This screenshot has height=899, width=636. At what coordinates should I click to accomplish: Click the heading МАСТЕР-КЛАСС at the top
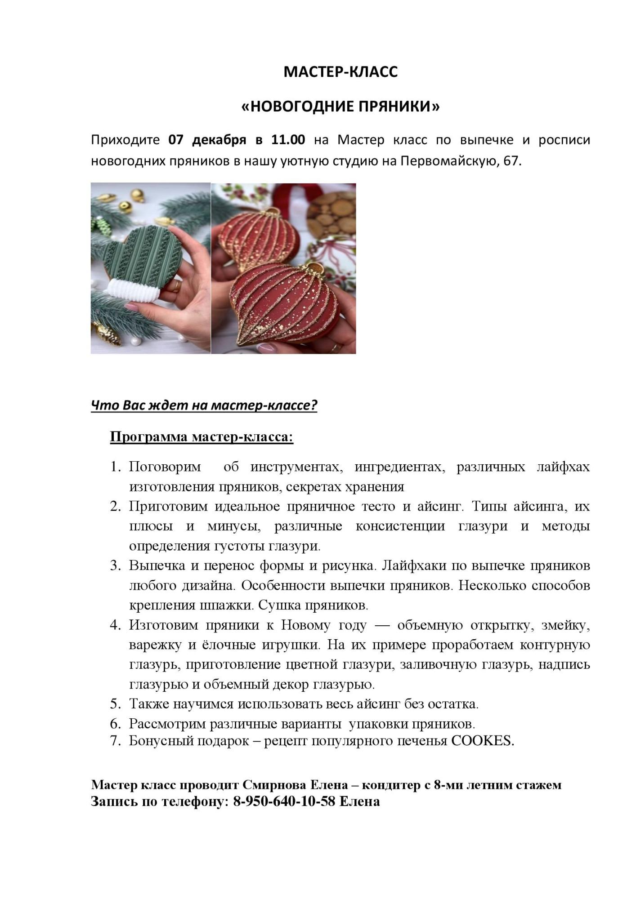[340, 72]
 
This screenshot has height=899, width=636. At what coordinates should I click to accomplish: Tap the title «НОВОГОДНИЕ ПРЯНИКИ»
[340, 107]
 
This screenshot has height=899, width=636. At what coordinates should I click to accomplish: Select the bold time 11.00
[288, 140]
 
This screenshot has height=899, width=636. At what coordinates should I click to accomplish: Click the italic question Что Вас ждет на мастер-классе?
[204, 405]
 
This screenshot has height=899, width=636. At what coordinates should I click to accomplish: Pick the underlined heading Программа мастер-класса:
[202, 437]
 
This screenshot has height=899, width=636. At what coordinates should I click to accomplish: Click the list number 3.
[116, 565]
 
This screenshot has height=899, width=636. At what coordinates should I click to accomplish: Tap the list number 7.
[116, 741]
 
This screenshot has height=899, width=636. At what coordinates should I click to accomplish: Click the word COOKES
[482, 741]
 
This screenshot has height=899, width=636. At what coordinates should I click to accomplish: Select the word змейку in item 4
[565, 625]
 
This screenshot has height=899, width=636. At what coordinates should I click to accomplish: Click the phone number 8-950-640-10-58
[284, 801]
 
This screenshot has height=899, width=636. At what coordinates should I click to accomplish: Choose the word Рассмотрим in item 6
[167, 724]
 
